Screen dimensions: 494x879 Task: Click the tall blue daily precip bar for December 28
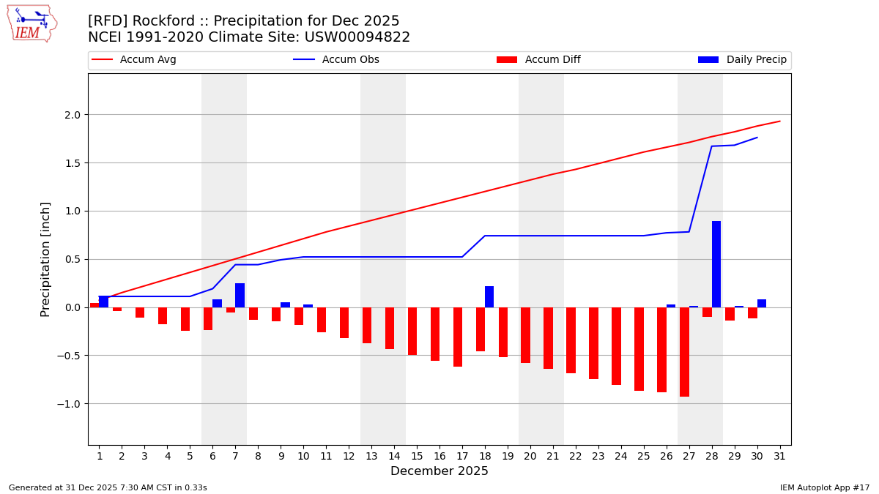pyautogui.click(x=716, y=264)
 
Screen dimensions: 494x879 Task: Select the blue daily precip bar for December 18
pyautogui.click(x=489, y=296)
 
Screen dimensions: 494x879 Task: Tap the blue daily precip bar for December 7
pyautogui.click(x=240, y=295)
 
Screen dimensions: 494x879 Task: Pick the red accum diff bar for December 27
pyautogui.click(x=684, y=352)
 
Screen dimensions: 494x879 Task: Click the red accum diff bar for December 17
pyautogui.click(x=458, y=337)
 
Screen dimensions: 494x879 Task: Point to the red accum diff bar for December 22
pyautogui.click(x=571, y=340)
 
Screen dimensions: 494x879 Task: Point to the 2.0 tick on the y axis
pyautogui.click(x=72, y=115)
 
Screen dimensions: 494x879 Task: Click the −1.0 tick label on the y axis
pyautogui.click(x=70, y=404)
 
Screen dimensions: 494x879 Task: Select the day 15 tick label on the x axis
pyautogui.click(x=417, y=456)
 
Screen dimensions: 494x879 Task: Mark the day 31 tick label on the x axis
pyautogui.click(x=779, y=456)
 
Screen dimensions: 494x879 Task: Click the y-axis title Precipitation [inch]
pyautogui.click(x=45, y=259)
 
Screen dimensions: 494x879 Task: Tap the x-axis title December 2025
pyautogui.click(x=439, y=471)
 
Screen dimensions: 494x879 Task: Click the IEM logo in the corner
pyautogui.click(x=31, y=23)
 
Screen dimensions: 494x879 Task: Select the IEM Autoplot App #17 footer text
pyautogui.click(x=825, y=487)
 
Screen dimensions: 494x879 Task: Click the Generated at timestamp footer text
pyautogui.click(x=108, y=487)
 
